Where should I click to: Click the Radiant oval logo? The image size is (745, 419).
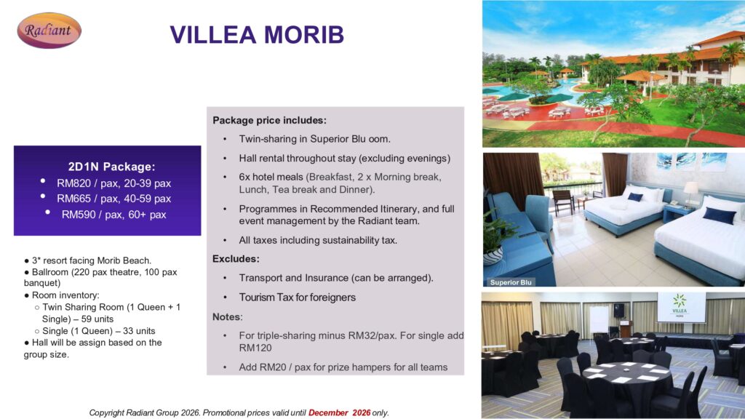[49, 31]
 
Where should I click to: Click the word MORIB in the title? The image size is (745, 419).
[303, 35]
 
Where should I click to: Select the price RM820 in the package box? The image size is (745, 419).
[73, 183]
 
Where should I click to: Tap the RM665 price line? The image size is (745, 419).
[113, 199]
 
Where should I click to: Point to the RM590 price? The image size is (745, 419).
[79, 215]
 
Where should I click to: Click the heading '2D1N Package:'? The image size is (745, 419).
[111, 167]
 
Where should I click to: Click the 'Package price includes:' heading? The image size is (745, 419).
[269, 120]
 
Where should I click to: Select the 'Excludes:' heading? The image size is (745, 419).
[236, 259]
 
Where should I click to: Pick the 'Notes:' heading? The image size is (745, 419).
[227, 317]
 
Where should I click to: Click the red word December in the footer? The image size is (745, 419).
[328, 413]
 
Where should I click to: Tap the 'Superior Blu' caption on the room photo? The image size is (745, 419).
[511, 282]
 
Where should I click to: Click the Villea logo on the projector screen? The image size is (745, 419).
[680, 305]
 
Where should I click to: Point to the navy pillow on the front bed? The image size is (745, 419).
[719, 215]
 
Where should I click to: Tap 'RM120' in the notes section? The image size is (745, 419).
[255, 348]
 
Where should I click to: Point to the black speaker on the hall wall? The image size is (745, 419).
[618, 310]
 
